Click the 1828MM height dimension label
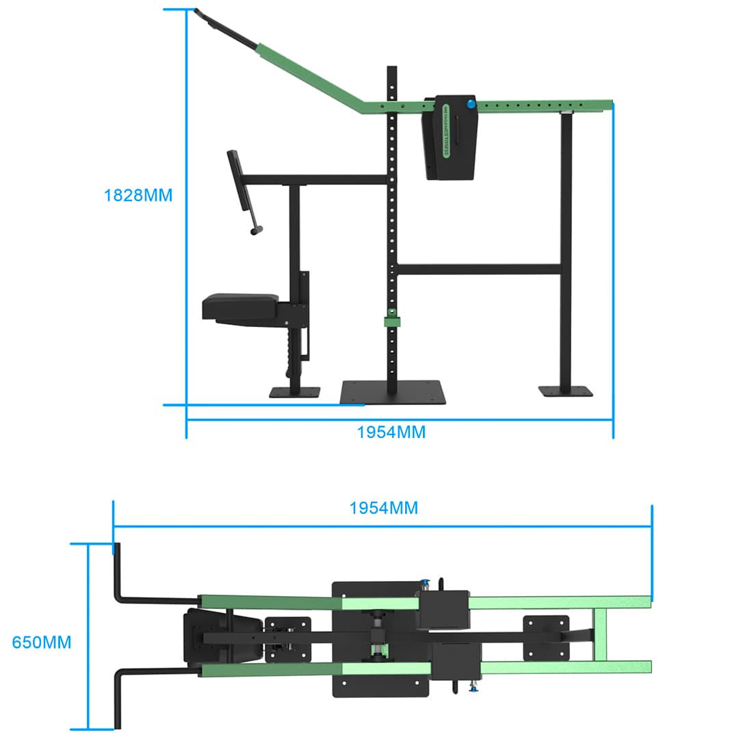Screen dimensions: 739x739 (138, 195)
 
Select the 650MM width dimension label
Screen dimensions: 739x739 (42, 643)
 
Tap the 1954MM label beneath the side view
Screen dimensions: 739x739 (391, 432)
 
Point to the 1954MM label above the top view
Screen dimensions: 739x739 (383, 508)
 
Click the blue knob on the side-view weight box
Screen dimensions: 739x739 (471, 104)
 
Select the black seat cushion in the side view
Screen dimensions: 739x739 (242, 306)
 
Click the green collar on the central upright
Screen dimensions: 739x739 (391, 320)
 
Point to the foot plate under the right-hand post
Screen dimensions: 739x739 (566, 391)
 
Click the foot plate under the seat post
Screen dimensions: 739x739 (294, 392)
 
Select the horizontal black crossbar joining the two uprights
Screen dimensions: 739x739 (479, 269)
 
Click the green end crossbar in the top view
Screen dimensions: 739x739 (600, 635)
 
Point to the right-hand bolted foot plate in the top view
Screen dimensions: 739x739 (546, 638)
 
